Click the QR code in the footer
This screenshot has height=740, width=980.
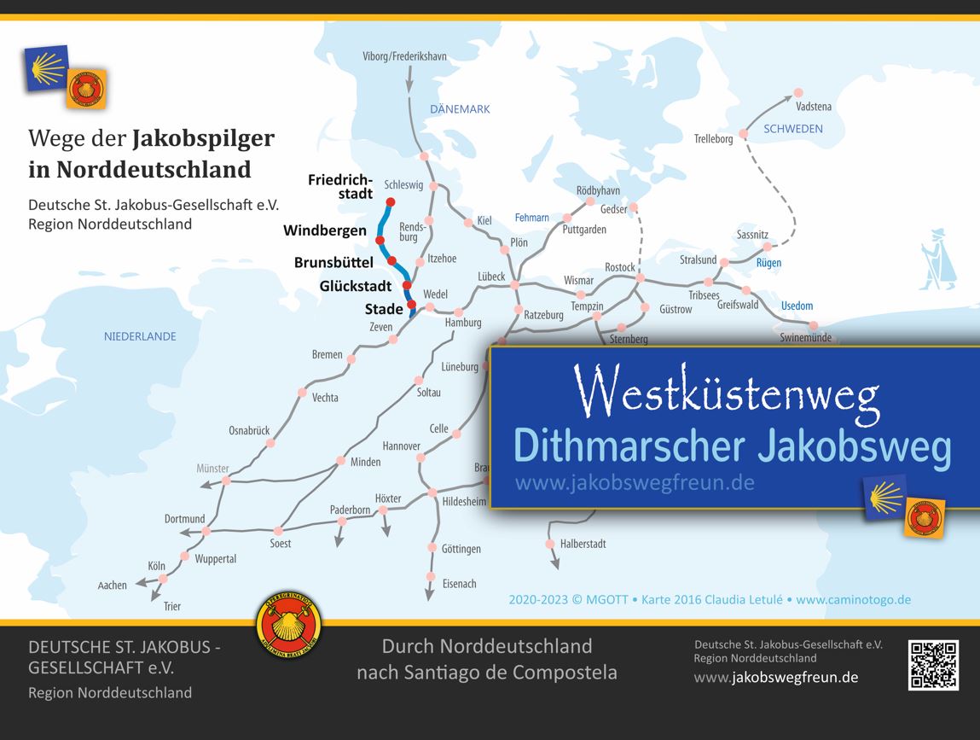933,664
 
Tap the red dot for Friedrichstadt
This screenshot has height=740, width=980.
391,202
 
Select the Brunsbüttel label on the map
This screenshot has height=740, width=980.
333,262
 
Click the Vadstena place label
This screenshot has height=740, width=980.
813,107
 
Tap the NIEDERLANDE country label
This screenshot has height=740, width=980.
140,336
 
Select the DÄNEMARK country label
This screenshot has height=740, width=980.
460,109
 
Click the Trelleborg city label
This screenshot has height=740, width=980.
713,138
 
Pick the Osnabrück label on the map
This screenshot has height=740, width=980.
249,430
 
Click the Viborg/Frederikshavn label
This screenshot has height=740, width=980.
405,56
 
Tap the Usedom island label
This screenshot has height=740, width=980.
797,306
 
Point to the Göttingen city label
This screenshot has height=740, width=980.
461,549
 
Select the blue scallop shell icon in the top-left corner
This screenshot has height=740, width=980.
48,67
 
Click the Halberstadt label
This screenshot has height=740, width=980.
583,544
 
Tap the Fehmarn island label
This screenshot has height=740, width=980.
531,218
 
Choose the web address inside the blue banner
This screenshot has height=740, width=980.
635,483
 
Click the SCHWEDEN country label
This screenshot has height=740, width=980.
793,129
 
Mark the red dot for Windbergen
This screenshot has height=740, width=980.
380,229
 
